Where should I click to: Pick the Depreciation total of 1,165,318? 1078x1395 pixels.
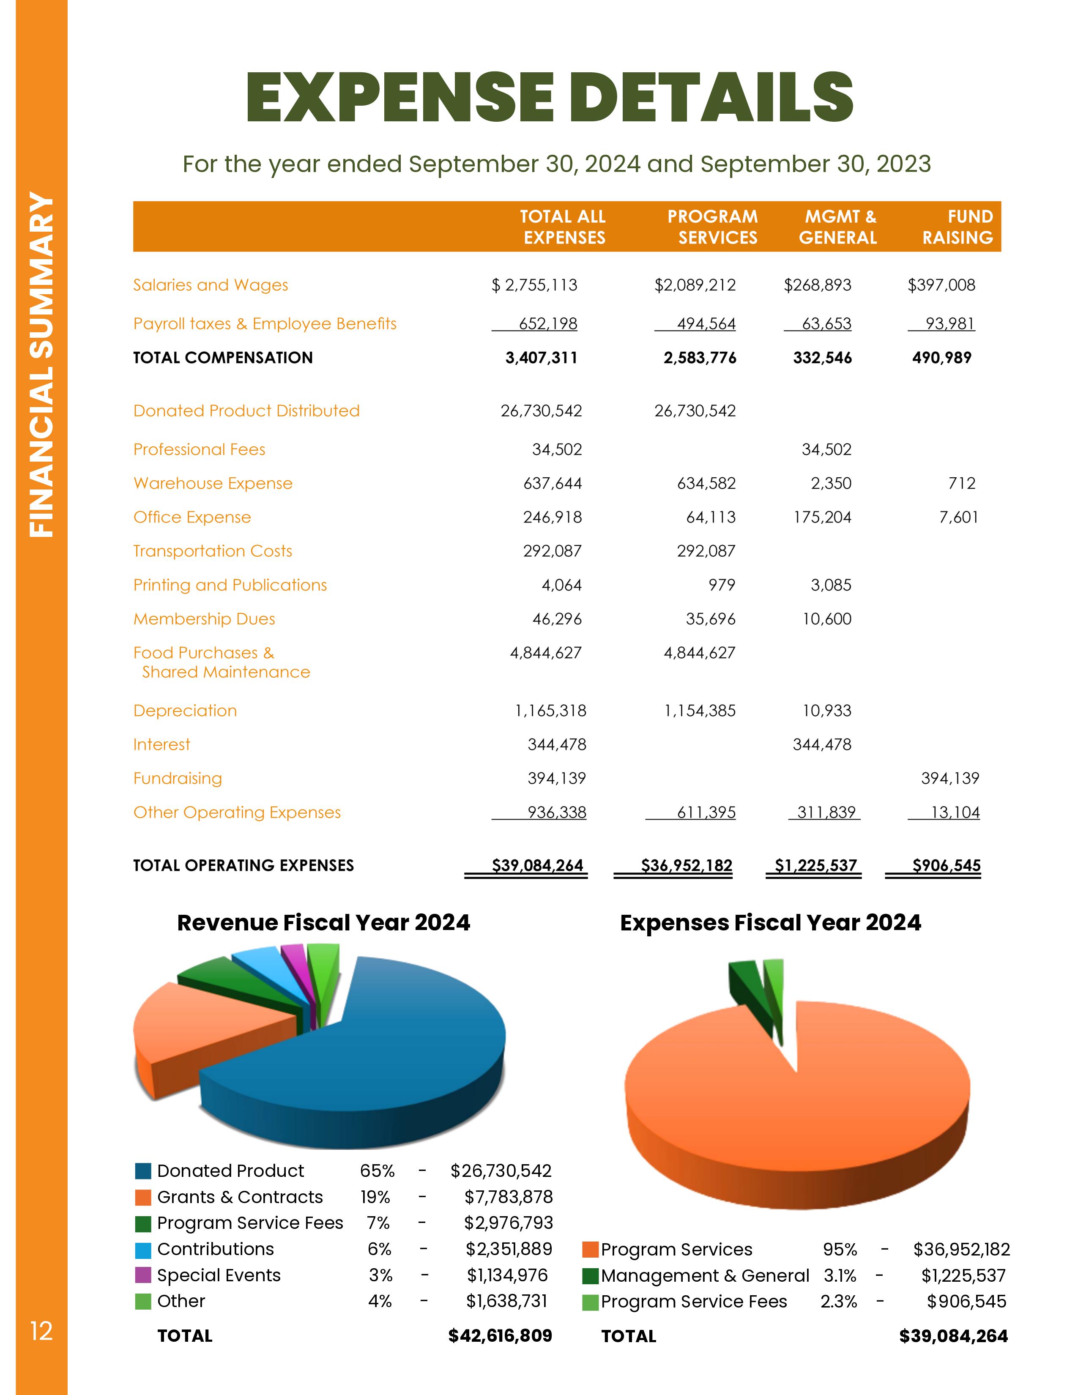550,711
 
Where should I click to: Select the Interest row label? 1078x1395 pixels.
161,745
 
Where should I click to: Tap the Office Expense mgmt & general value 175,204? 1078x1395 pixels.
823,517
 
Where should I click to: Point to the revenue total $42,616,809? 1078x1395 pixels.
500,1335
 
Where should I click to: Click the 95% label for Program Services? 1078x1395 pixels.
840,1249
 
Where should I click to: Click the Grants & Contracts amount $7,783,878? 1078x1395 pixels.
508,1197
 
